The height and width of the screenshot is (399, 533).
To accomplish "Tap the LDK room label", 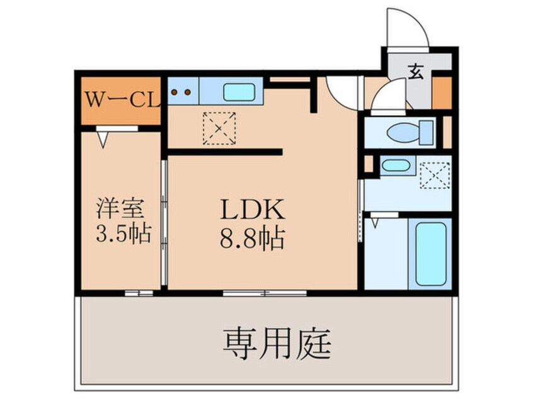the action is pos(252,210).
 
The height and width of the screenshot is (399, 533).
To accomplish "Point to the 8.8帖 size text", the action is pos(252,239).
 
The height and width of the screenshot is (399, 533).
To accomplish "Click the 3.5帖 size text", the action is pos(123,234).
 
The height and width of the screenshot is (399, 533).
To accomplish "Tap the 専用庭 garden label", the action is pos(277,344).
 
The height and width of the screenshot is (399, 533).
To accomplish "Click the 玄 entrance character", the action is pos(416,72).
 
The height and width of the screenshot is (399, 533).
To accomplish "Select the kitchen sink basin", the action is pos(239,92).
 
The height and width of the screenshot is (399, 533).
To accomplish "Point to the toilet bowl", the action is pos(403,132).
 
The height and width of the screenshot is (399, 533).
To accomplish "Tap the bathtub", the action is pos(430,254).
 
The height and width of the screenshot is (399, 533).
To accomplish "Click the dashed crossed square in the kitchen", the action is pos(219,128).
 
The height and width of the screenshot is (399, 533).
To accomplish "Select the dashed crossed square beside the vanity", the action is pos(435,175).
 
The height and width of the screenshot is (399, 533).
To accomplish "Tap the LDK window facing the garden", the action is pos(265,293).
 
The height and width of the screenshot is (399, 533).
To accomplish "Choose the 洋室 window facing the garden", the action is pos(139,293).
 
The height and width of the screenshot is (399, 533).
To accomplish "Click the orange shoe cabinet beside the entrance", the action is pos(442,93).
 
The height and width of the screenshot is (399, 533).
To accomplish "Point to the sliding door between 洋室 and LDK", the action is pos(164,222).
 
